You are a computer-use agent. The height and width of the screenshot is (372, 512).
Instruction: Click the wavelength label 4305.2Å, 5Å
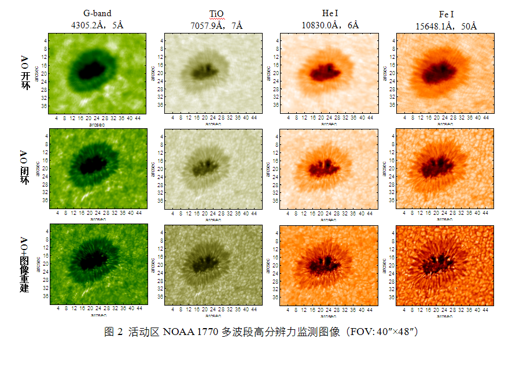pos(97,25)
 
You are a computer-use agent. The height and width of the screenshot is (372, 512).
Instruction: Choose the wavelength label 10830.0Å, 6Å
pos(330,25)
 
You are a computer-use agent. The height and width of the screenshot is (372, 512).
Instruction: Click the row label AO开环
pos(24,72)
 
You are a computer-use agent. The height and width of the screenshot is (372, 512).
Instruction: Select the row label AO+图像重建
pos(24,263)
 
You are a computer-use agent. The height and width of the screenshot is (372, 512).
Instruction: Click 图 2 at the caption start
pos(114,332)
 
